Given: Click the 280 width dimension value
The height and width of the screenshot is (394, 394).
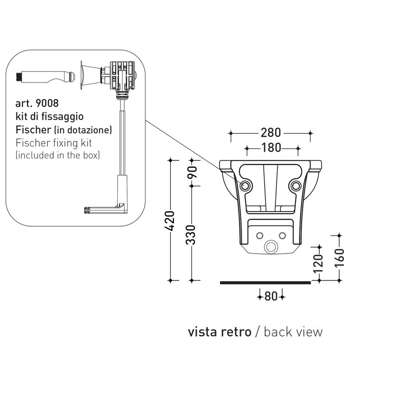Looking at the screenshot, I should [x=271, y=133].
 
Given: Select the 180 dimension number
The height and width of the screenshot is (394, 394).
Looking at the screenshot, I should [x=272, y=148].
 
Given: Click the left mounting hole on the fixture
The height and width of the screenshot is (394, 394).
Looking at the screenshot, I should [x=246, y=185].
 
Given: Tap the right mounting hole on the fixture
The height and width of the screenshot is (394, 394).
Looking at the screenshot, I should [x=295, y=185].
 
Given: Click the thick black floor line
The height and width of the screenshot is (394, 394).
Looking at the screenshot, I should [x=265, y=281].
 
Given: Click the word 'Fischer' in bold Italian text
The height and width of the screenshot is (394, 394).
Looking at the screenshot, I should [x=30, y=130].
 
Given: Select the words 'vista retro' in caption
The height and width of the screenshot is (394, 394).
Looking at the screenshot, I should [x=219, y=332].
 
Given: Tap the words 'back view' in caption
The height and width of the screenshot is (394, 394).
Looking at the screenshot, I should [x=293, y=332].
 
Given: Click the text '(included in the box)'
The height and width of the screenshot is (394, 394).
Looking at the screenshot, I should [x=58, y=155].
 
